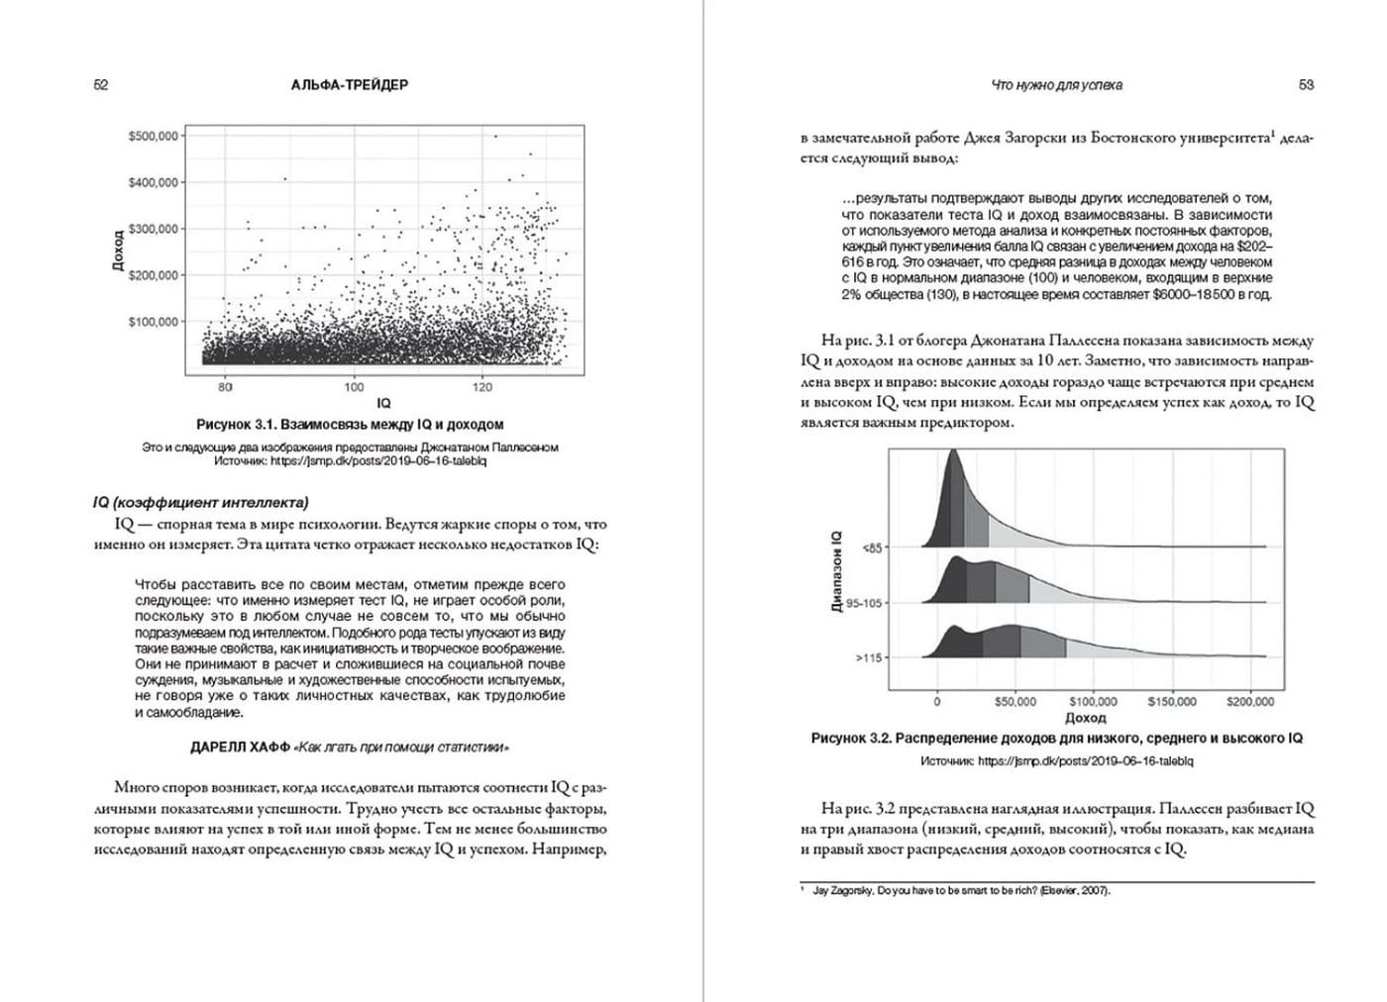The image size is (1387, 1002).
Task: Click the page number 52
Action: click(100, 85)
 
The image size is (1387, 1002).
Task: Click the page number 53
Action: click(1306, 85)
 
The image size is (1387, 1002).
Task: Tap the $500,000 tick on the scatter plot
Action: click(153, 136)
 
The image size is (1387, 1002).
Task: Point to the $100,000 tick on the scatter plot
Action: click(153, 322)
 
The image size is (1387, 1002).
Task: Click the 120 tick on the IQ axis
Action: click(483, 387)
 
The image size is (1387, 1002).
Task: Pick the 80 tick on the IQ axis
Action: click(225, 387)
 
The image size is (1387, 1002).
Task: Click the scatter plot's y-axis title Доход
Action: click(119, 253)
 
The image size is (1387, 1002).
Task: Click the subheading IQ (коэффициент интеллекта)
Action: click(200, 502)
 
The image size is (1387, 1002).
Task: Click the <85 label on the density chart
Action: click(871, 547)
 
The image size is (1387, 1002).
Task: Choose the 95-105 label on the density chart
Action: click(864, 602)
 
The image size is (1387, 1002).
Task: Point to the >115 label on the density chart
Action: click(869, 657)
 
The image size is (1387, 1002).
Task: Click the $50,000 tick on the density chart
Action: click(1016, 702)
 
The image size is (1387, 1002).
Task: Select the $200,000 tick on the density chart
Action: click(1250, 702)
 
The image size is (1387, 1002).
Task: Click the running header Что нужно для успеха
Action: click(1057, 85)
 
